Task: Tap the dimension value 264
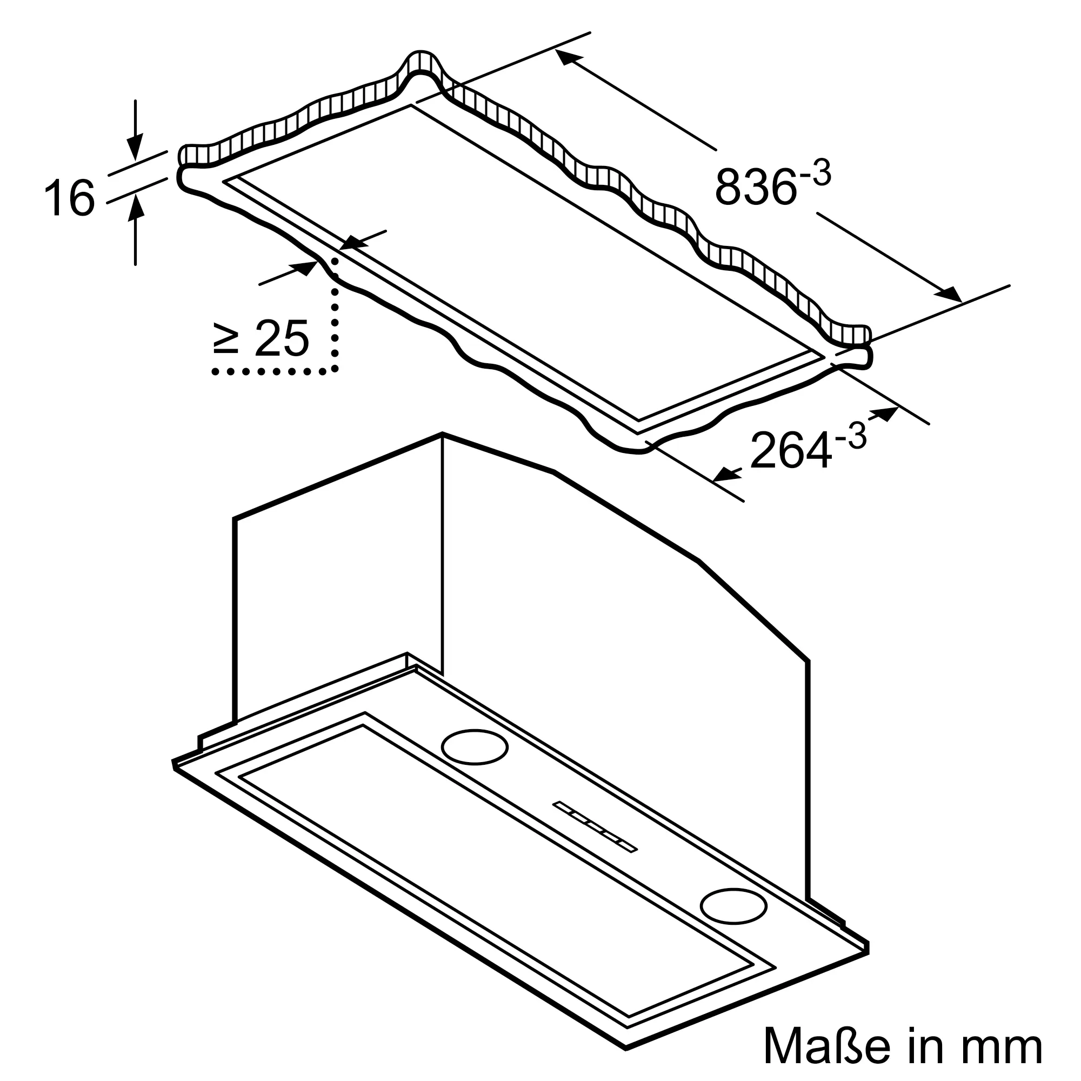click(x=790, y=450)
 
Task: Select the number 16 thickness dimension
click(x=69, y=197)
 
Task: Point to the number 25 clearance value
click(x=282, y=338)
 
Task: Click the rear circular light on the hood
click(x=475, y=747)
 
